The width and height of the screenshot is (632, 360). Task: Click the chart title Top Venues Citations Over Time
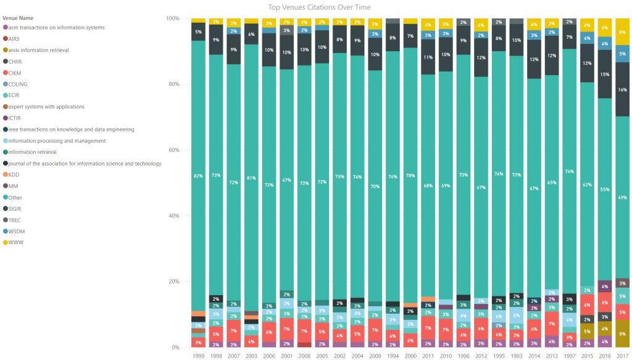[x=319, y=7]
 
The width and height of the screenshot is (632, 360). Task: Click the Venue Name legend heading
[x=19, y=18]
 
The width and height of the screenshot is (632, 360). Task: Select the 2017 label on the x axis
[x=623, y=355]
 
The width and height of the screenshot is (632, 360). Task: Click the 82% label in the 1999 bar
[x=197, y=176]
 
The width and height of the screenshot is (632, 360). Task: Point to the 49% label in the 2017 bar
[x=623, y=198]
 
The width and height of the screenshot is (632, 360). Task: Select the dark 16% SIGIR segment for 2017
[x=623, y=90]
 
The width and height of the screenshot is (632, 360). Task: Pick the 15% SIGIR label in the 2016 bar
[x=605, y=74]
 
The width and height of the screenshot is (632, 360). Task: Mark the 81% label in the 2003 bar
[x=251, y=178]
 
